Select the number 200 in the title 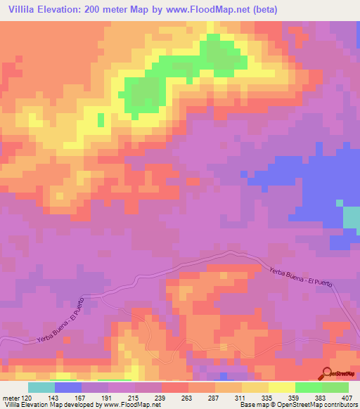point(94,10)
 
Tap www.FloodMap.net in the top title point(200,10)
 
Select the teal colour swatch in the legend point(41,387)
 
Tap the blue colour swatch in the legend point(67,387)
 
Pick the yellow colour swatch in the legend point(281,387)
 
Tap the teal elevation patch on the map point(351,217)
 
